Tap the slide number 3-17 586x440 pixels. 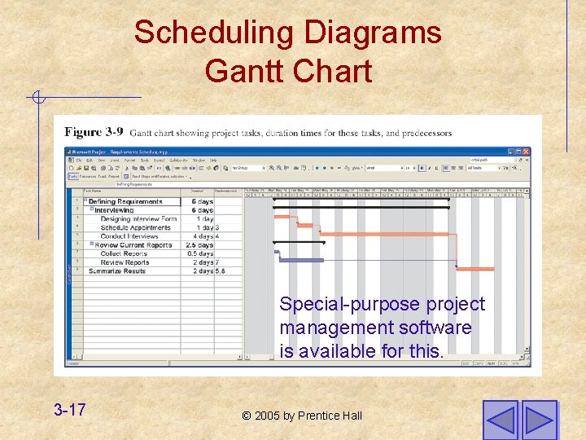pos(70,409)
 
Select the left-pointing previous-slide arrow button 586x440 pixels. pos(500,420)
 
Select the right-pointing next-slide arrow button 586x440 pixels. pos(539,420)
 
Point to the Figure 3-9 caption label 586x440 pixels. pos(94,132)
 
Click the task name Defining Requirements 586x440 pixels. pos(125,202)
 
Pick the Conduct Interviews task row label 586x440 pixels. pos(130,236)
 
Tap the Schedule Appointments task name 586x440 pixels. pos(135,227)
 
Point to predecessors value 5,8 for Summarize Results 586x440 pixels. pos(220,271)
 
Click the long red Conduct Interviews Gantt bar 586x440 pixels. pos(383,234)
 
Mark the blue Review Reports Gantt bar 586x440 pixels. pos(298,260)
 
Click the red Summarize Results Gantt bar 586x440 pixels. pos(474,268)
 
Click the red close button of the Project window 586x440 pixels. pos(526,152)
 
